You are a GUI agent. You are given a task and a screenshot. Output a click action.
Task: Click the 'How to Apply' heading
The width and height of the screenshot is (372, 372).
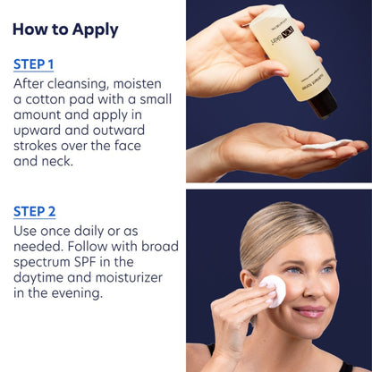pyautogui.click(x=65, y=29)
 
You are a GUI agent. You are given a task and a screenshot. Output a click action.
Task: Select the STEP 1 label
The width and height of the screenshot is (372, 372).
pyautogui.click(x=34, y=64)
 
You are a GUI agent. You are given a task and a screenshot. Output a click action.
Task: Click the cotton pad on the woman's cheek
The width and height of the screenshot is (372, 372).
pyautogui.click(x=272, y=290)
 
